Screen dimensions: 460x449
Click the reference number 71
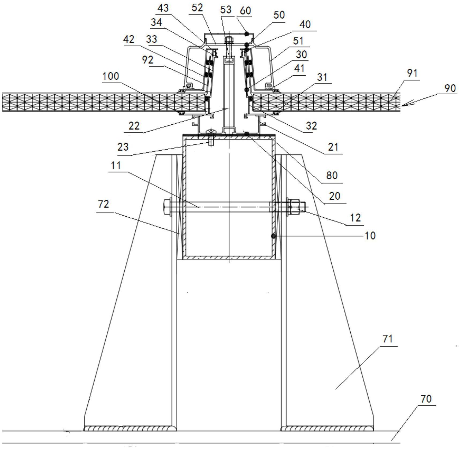387,339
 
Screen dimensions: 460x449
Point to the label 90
450,88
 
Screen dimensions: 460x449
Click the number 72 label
103,204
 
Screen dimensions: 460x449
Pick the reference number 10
370,236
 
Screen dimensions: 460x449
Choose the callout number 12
355,217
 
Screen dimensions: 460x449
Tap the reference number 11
116,166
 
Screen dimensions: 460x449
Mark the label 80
332,175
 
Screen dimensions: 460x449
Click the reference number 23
123,147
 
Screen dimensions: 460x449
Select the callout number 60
245,11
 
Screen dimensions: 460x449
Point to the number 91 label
412,73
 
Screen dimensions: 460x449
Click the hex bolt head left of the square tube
167,207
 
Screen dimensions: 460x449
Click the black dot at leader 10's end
273,236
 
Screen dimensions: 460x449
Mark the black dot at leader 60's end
247,34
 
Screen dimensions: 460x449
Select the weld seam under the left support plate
130,428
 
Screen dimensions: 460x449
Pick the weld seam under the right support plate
327,428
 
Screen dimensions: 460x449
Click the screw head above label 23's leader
210,132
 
